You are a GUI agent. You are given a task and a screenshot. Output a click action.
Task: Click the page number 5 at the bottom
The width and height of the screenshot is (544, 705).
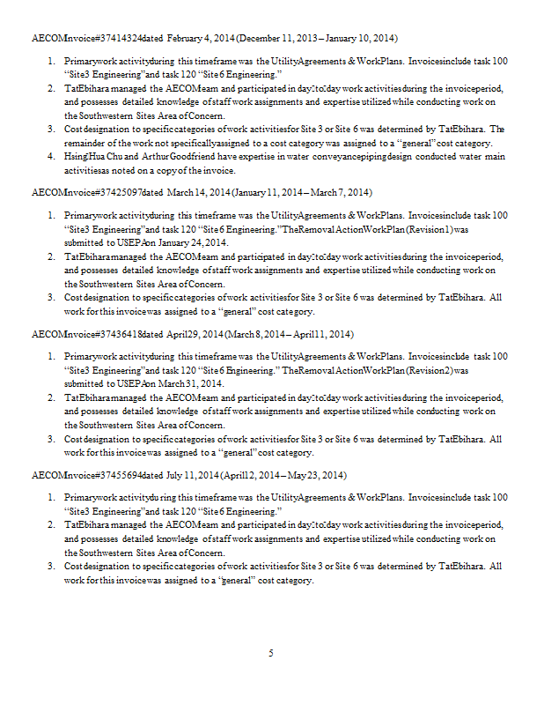pyautogui.click(x=271, y=653)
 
